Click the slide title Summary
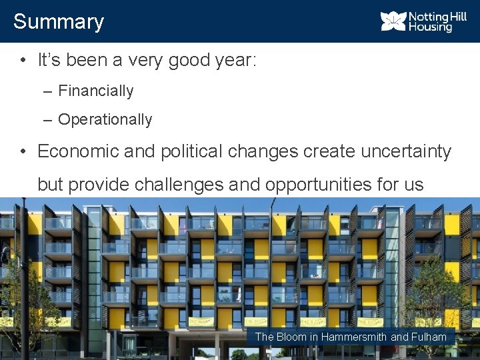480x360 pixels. point(59,21)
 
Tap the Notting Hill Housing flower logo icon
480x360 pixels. point(393,21)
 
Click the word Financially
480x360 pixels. point(96,91)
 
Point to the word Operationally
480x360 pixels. point(105,120)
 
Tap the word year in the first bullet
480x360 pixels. point(233,61)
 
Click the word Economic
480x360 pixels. point(79,151)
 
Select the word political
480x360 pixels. point(191,151)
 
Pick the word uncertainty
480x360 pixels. point(406,151)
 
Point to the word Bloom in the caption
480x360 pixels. point(293,337)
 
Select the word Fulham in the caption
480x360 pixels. point(429,337)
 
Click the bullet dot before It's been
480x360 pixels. point(23,61)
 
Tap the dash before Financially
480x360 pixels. point(47,91)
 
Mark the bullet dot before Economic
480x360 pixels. point(23,151)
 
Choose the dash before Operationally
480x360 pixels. point(47,120)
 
